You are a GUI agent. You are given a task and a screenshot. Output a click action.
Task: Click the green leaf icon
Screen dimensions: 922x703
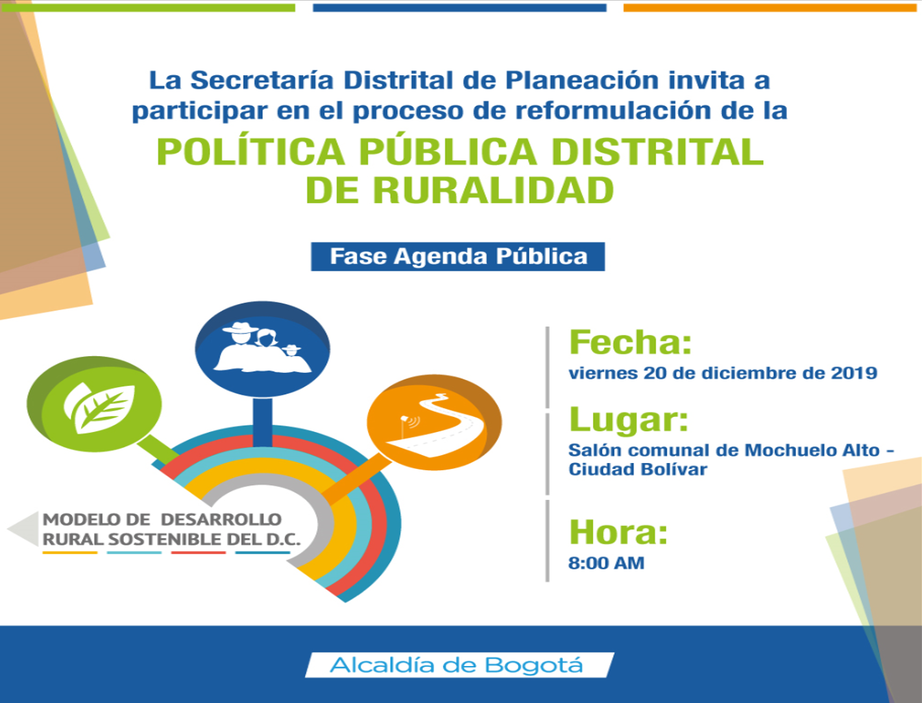[99, 408]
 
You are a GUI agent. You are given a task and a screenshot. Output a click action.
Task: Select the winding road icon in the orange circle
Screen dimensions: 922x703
[435, 425]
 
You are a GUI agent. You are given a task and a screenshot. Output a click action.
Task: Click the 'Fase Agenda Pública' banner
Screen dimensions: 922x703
[458, 256]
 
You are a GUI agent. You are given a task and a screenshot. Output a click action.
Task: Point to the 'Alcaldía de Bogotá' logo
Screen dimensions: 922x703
[459, 665]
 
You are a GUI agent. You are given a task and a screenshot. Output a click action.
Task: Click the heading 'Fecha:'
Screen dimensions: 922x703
[631, 342]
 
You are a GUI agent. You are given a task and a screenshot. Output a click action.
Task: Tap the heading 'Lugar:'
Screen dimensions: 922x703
[629, 419]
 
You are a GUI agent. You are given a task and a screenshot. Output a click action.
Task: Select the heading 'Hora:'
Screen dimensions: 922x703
[618, 532]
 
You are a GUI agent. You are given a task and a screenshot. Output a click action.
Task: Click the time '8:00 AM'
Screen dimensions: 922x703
[606, 563]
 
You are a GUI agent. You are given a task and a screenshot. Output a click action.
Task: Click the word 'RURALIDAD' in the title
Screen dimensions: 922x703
[494, 191]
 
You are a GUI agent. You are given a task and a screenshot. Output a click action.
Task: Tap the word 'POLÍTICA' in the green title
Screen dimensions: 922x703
[250, 152]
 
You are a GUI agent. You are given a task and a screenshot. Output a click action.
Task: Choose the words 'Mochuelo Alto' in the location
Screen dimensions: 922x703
[812, 450]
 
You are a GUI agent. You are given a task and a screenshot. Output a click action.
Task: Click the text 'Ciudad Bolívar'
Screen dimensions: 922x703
[638, 470]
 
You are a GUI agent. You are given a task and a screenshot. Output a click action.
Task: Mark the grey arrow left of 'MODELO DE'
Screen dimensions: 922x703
[23, 529]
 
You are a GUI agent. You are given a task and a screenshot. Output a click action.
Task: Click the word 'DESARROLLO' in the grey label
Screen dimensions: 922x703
[221, 519]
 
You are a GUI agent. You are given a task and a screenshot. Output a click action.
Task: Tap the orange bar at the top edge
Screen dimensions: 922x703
[770, 8]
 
